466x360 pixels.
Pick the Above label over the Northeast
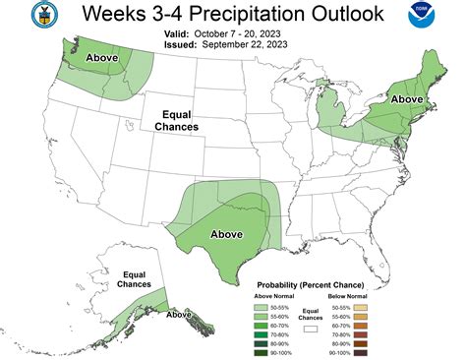[407, 99]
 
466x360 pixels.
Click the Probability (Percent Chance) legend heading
[310, 281]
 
